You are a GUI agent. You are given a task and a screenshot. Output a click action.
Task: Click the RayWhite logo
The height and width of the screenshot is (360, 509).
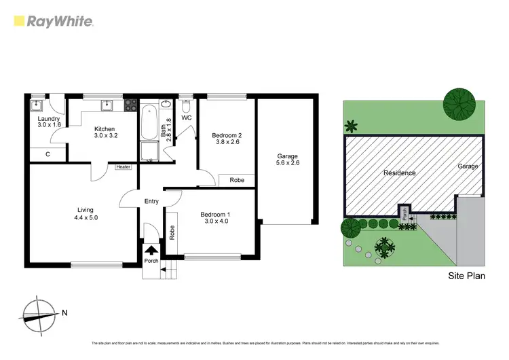53,20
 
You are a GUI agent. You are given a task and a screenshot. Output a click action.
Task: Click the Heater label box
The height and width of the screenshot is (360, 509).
123,166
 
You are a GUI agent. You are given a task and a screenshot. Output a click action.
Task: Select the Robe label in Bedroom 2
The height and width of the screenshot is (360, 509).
237,180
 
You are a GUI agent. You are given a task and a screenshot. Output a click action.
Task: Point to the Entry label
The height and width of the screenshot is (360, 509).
151,201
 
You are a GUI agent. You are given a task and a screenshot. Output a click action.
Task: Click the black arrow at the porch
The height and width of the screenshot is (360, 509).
151,250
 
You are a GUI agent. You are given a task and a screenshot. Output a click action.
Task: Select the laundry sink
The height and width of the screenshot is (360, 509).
38,105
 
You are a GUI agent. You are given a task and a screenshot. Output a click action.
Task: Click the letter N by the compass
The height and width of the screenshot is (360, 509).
64,313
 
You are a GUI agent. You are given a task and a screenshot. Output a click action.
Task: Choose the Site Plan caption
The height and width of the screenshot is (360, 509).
467,276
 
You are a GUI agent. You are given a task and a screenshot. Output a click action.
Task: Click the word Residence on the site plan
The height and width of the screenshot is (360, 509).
399,173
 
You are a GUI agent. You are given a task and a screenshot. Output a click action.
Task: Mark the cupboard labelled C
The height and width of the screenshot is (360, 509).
48,154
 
